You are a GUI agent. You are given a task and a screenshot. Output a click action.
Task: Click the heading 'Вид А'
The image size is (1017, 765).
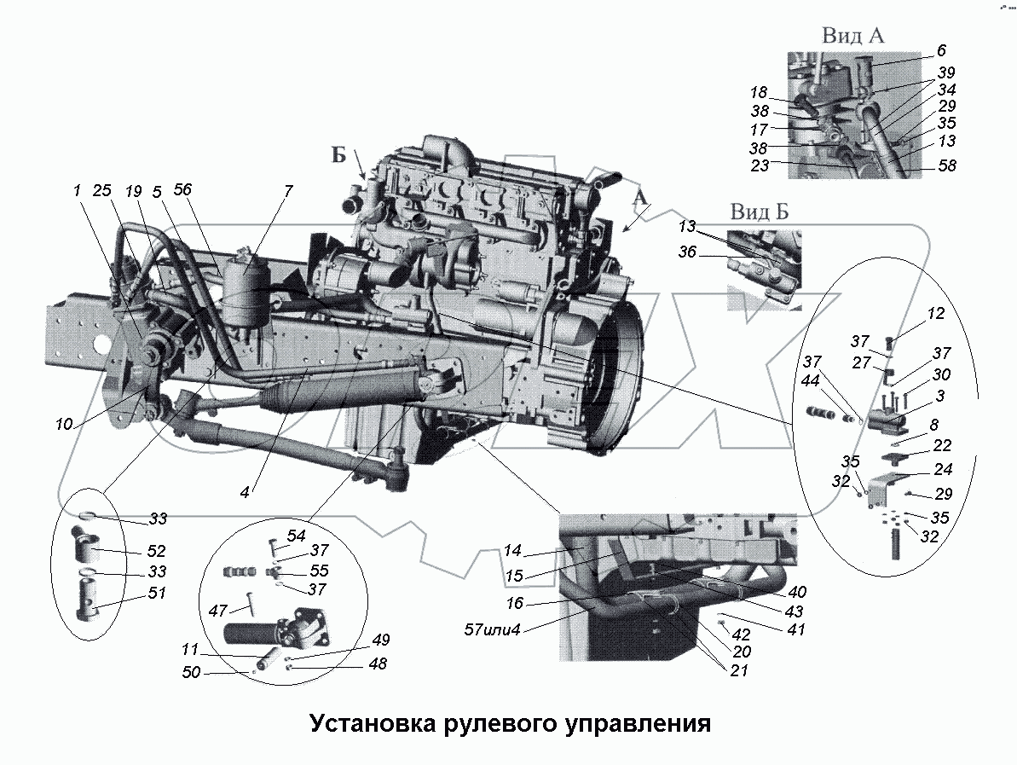[853, 35]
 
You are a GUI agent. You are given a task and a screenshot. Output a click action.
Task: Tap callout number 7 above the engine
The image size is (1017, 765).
[288, 190]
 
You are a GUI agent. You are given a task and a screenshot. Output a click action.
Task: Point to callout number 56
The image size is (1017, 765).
[182, 190]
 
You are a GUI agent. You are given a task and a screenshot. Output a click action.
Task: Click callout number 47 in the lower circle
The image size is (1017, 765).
[218, 611]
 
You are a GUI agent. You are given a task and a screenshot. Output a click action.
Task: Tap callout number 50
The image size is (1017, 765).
[191, 673]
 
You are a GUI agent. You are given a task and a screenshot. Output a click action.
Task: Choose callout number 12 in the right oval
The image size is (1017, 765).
[936, 314]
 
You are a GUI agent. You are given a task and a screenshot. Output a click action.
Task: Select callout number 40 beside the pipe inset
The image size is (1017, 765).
[798, 592]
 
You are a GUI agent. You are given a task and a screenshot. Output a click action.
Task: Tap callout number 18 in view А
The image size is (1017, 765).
[759, 92]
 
